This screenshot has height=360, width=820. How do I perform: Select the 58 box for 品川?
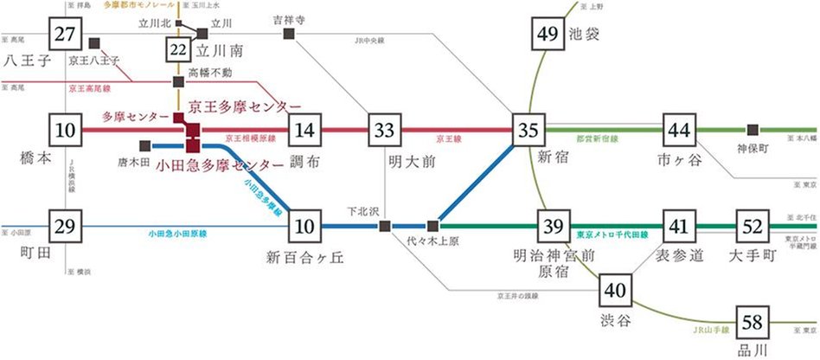click(753, 324)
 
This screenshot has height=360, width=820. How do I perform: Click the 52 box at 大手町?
click(753, 227)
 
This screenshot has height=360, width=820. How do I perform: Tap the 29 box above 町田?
click(65, 227)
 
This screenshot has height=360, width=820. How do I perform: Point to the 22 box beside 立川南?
click(178, 49)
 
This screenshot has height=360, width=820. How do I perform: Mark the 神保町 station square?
click(753, 130)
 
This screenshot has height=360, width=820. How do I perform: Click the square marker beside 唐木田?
click(144, 145)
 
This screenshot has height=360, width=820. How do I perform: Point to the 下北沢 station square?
click(383, 227)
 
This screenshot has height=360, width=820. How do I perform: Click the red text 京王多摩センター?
click(246, 106)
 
